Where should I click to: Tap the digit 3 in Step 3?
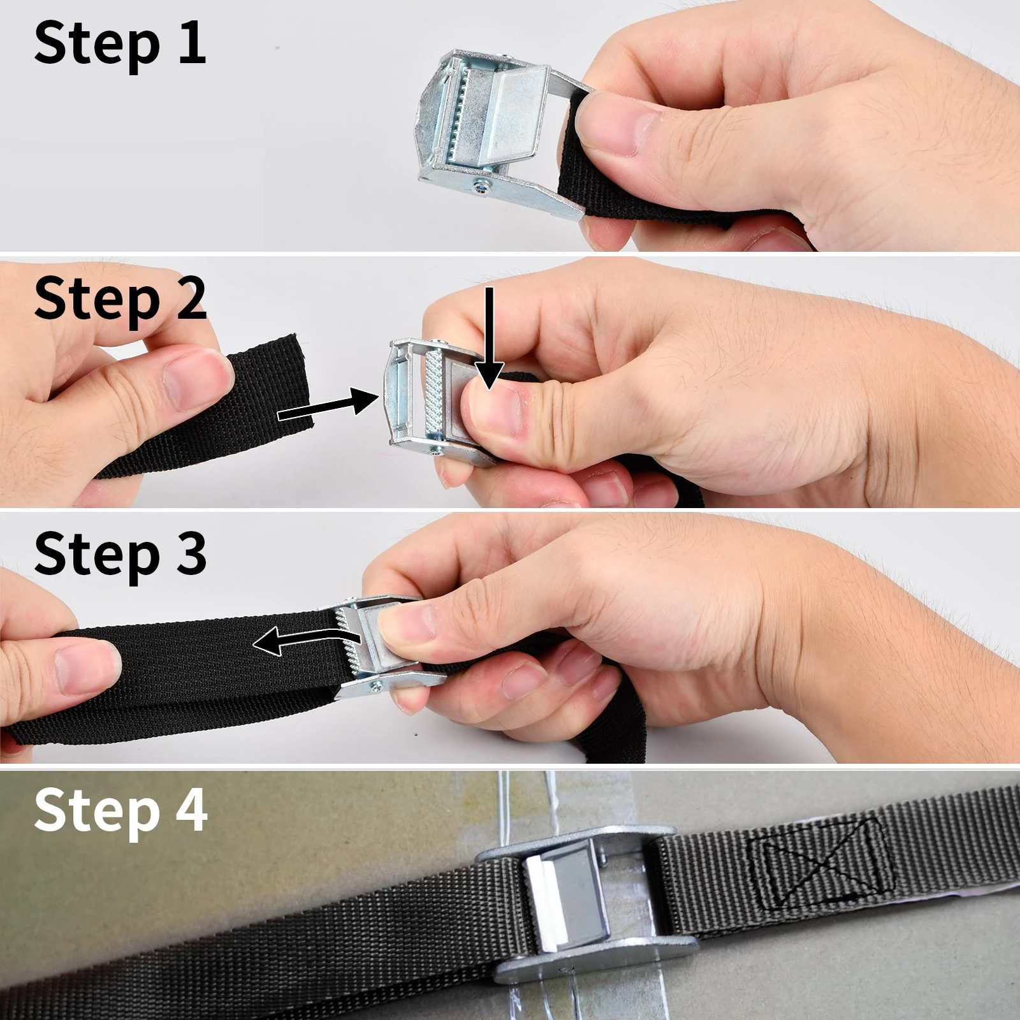pyautogui.click(x=191, y=553)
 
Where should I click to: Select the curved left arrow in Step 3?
pyautogui.click(x=306, y=641)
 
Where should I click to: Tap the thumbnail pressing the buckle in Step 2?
pyautogui.click(x=494, y=408)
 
